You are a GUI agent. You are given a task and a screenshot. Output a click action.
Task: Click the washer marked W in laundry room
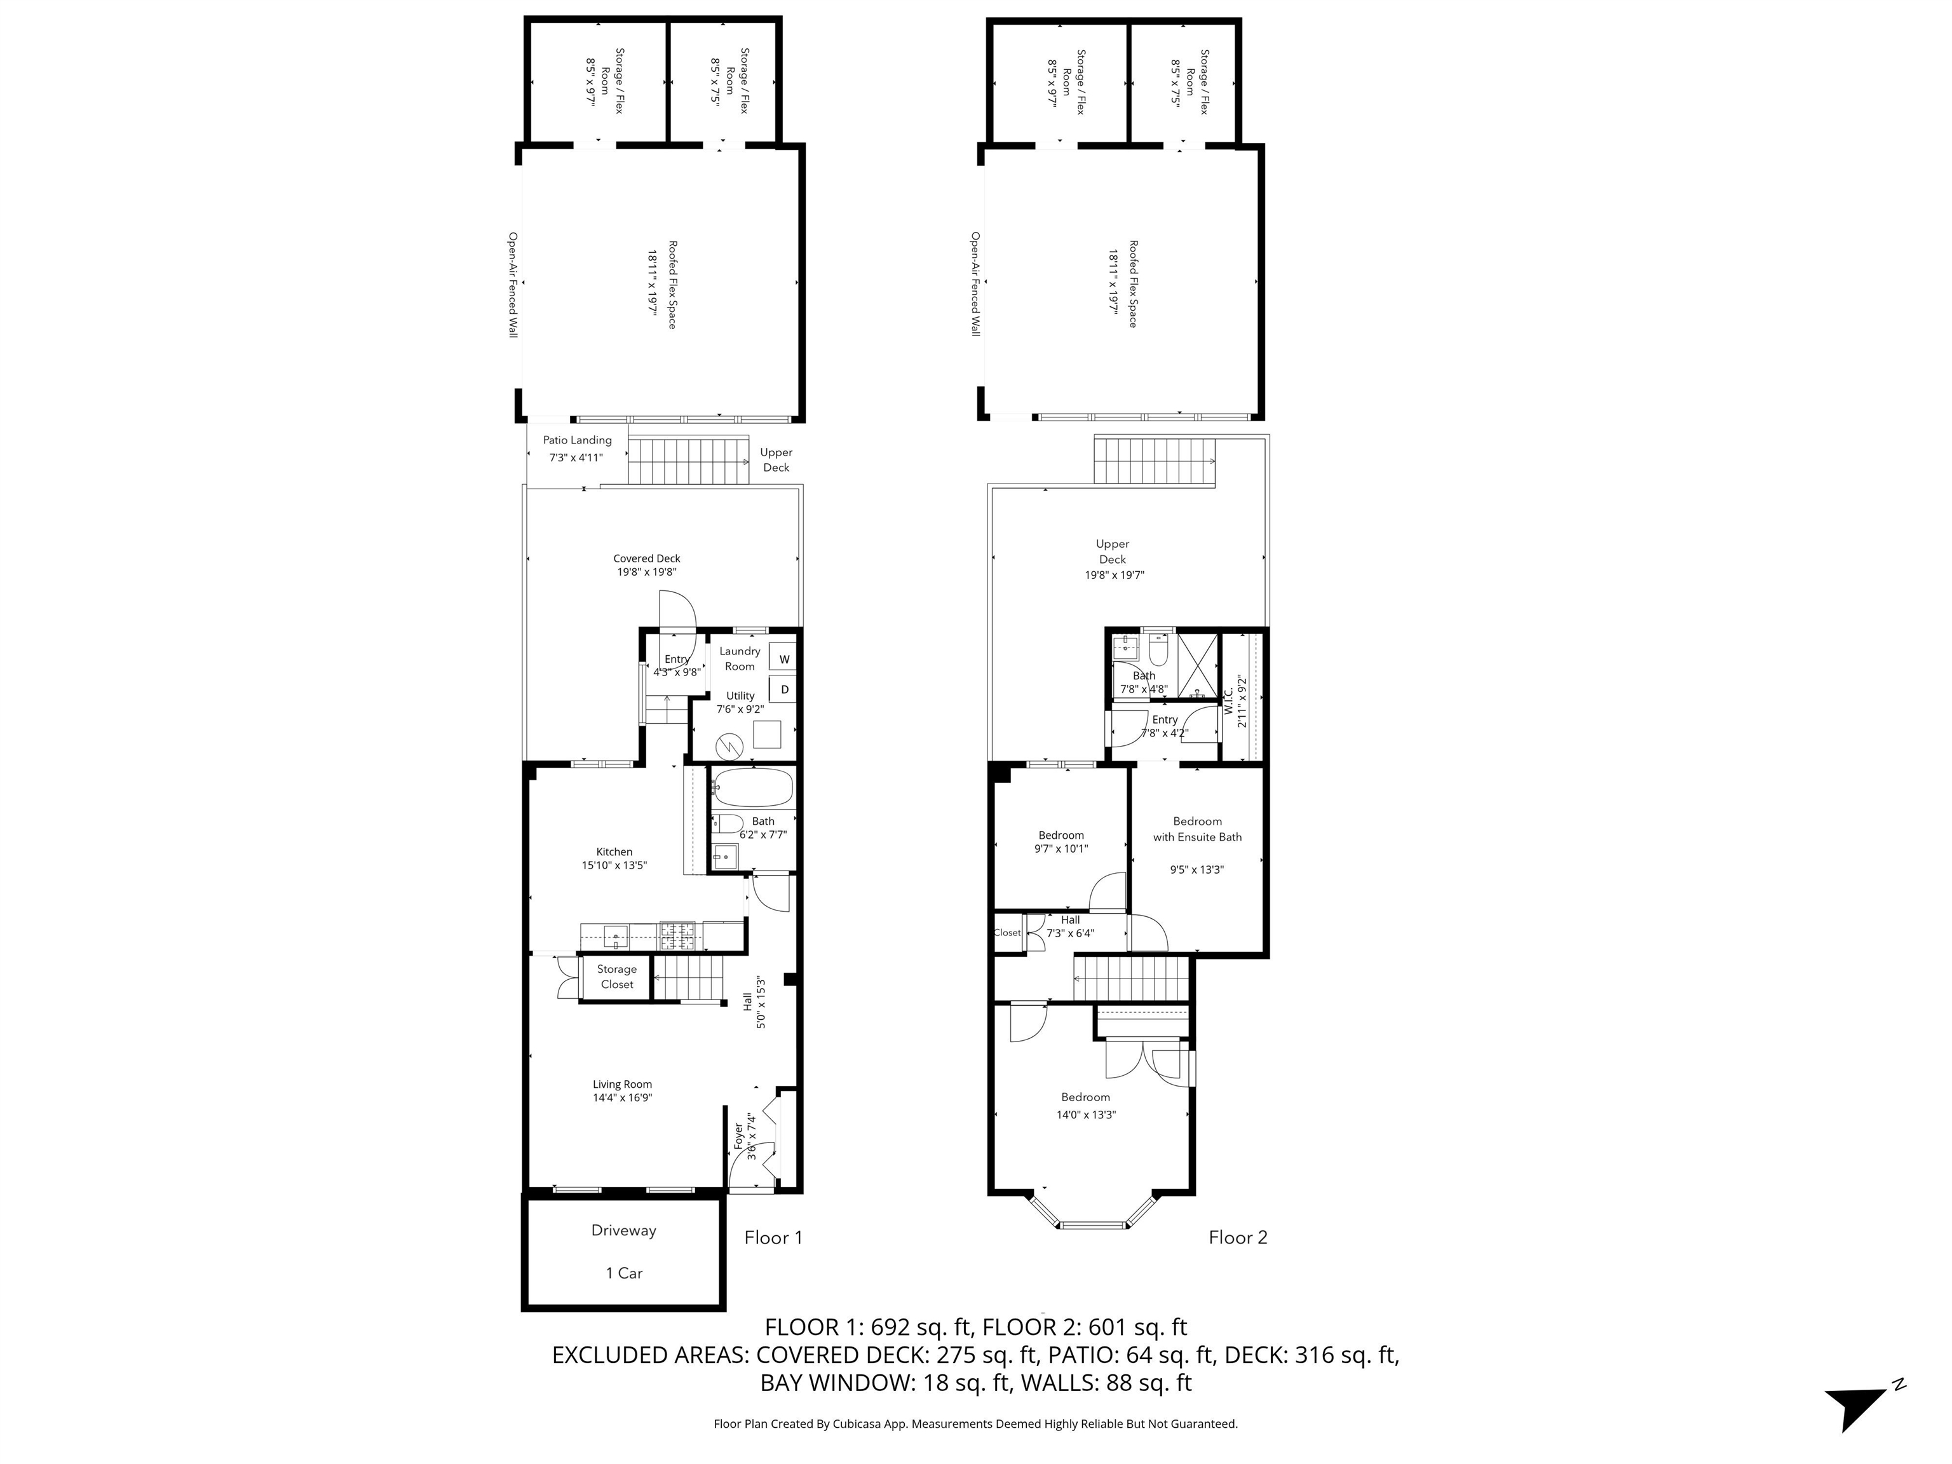point(783,658)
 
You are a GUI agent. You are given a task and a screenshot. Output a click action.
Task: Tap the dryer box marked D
point(783,689)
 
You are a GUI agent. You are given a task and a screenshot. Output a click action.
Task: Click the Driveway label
point(623,1230)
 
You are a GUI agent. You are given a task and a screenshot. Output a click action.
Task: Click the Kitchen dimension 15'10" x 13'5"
point(614,865)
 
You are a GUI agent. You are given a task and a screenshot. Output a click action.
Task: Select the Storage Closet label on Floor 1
point(617,977)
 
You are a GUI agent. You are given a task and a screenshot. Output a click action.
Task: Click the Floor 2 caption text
point(1237,1237)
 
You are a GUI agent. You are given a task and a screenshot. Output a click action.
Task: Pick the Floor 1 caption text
point(773,1237)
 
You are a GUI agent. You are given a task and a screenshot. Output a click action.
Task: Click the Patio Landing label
point(577,440)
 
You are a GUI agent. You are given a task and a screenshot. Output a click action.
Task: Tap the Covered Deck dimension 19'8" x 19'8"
point(647,572)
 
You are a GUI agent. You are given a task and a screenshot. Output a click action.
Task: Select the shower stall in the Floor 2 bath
point(1196,662)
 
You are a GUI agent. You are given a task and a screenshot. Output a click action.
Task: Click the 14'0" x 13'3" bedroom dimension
point(1087,1115)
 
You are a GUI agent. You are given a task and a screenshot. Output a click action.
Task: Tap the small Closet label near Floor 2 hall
point(1007,933)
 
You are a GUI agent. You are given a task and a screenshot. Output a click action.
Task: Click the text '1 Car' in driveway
point(624,1273)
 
